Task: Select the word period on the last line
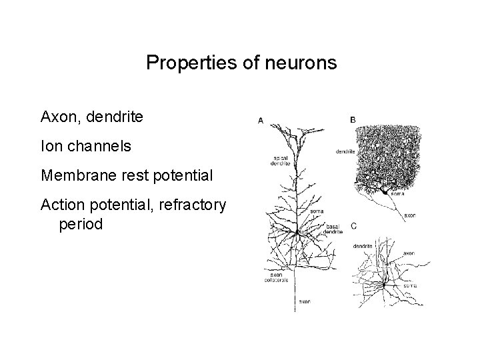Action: pos(81,225)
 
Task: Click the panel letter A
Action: pos(260,121)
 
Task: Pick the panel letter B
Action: pos(353,120)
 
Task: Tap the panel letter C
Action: pos(353,225)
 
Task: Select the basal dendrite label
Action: pos(334,230)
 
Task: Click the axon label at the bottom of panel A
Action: pos(304,301)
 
